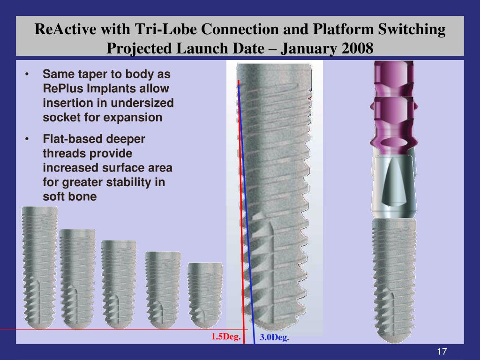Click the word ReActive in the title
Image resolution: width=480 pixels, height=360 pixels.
click(x=65, y=29)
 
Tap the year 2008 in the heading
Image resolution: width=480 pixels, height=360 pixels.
click(x=357, y=48)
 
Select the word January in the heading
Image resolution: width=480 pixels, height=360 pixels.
click(x=308, y=49)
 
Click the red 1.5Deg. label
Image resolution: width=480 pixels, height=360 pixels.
click(x=226, y=337)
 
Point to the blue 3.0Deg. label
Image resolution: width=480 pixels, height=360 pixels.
click(x=274, y=337)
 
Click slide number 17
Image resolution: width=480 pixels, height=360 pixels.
click(x=442, y=351)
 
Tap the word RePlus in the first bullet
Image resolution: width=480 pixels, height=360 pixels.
click(x=63, y=89)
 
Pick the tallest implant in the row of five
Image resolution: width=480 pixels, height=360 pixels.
click(x=39, y=268)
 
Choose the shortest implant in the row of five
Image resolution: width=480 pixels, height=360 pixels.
click(x=205, y=295)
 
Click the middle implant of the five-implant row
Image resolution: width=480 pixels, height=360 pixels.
click(x=119, y=285)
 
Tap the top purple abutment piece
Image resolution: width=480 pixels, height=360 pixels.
click(x=394, y=78)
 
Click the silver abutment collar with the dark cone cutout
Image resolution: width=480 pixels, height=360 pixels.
click(x=394, y=187)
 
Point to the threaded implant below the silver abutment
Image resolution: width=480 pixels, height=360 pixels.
click(x=394, y=280)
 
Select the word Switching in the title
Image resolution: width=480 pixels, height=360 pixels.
click(x=412, y=30)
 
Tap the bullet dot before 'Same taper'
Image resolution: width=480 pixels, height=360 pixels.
click(x=27, y=74)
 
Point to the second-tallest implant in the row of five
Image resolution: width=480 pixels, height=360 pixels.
click(x=77, y=279)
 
